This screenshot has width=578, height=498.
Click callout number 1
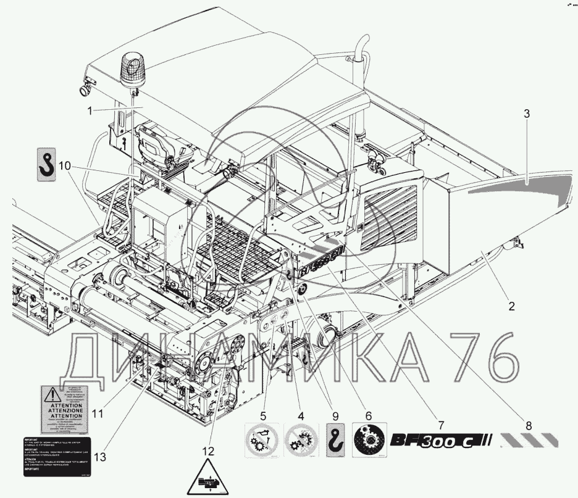click(90, 111)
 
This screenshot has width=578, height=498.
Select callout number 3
click(526, 114)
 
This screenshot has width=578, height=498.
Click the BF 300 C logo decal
click(440, 441)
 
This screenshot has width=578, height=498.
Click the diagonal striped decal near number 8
click(530, 440)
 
